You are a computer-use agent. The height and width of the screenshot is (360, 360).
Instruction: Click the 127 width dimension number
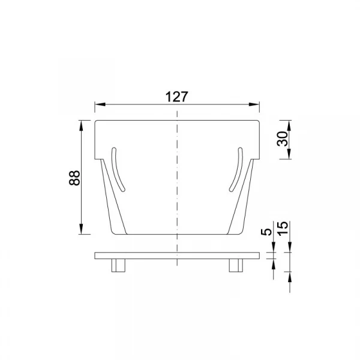177,97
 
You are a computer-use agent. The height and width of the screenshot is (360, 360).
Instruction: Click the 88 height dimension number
74,178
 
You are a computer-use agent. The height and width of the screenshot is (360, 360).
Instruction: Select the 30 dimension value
283,139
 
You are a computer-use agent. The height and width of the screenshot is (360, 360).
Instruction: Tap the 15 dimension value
283,229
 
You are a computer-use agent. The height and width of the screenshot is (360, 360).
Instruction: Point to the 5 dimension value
266,232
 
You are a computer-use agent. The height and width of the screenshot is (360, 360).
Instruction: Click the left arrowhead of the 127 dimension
100,104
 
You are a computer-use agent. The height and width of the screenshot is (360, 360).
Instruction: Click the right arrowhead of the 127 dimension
254,104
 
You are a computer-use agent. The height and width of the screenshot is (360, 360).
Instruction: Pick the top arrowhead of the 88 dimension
81,125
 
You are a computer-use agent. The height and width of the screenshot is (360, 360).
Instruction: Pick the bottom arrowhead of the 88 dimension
81,229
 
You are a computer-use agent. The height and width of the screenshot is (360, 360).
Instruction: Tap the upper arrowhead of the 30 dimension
289,125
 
